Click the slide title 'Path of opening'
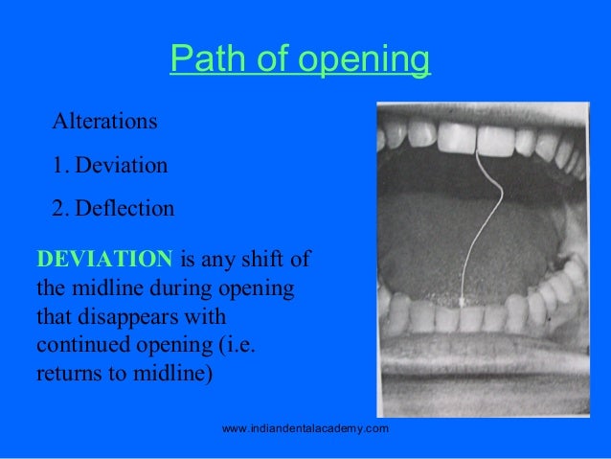300,61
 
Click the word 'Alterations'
105,123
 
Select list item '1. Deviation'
110,166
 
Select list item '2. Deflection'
113,208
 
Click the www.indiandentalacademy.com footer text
305,428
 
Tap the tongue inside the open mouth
460,240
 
